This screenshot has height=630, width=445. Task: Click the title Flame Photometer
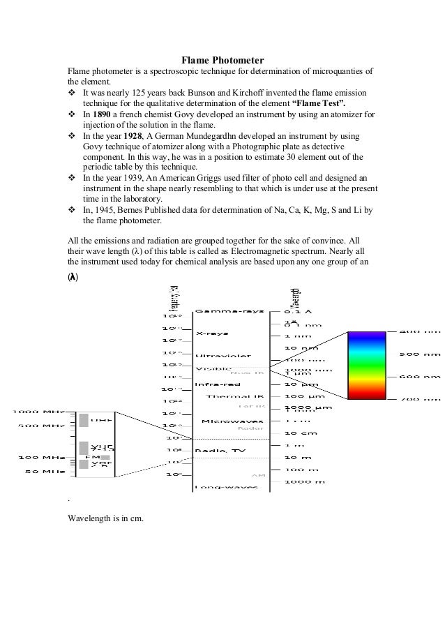222,60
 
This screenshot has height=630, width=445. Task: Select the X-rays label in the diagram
210,333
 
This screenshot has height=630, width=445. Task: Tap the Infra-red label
218,384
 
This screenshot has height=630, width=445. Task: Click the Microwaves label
232,421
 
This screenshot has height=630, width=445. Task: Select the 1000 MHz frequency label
40,412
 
